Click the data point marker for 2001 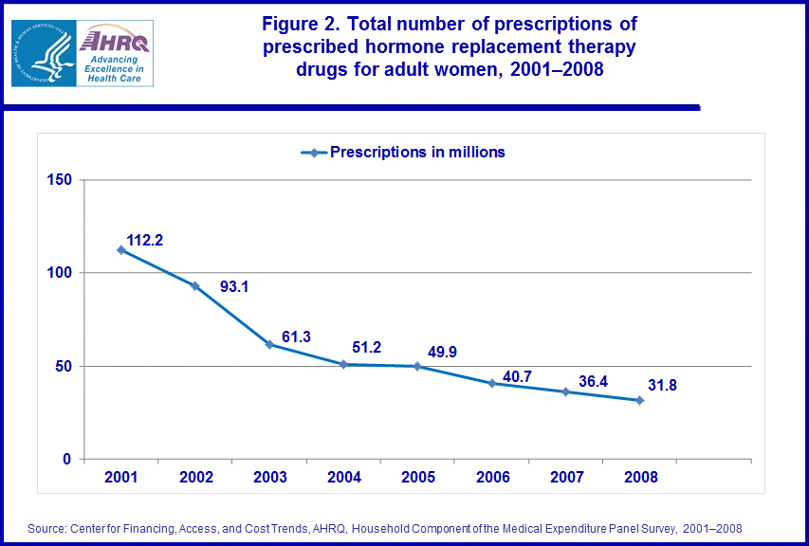coord(121,250)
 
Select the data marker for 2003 coord(269,344)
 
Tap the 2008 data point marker coord(639,400)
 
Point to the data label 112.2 coord(145,241)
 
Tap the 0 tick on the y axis coord(67,460)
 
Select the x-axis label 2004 coord(343,478)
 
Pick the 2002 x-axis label coord(195,478)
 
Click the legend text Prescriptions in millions coord(416,152)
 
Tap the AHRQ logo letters coord(115,41)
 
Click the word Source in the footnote coord(48,528)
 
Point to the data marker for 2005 coord(417,366)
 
